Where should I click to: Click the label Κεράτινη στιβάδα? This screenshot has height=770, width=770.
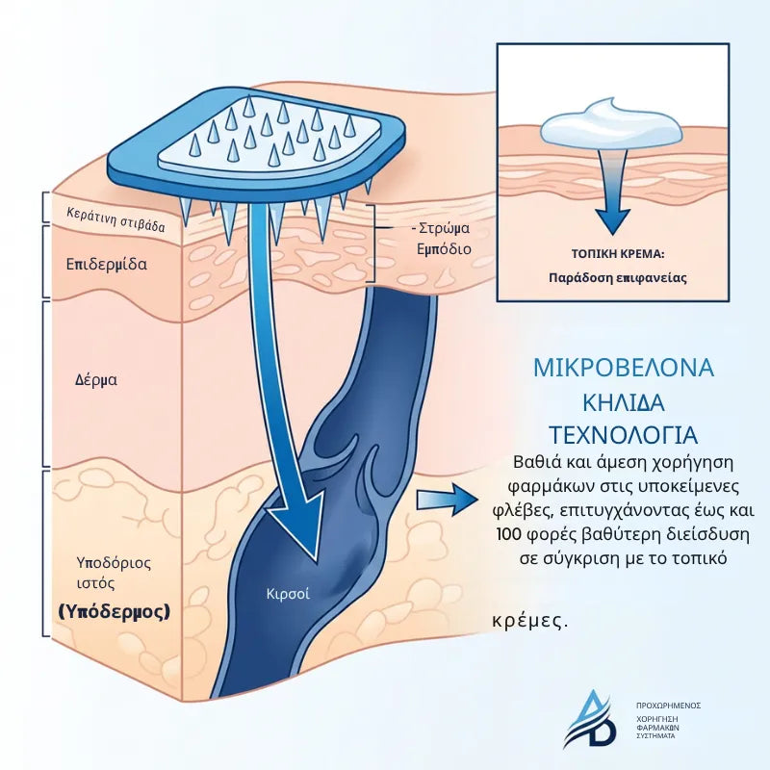pyautogui.click(x=115, y=219)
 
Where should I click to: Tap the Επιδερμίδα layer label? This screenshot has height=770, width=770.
pyautogui.click(x=107, y=264)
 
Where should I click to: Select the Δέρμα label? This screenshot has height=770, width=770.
pyautogui.click(x=96, y=379)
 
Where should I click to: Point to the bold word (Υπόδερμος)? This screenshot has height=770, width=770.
pyautogui.click(x=115, y=612)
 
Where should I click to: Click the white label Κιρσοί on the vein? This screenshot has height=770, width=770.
pyautogui.click(x=288, y=594)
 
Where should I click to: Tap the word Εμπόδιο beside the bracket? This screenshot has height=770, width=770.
pyautogui.click(x=444, y=249)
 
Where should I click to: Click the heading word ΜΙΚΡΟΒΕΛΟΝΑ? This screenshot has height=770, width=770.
pyautogui.click(x=624, y=368)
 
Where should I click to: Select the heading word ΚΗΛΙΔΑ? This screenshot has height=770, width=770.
pyautogui.click(x=624, y=402)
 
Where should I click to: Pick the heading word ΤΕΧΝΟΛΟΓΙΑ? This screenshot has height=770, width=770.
pyautogui.click(x=623, y=435)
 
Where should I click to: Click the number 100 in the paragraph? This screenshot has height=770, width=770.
pyautogui.click(x=509, y=534)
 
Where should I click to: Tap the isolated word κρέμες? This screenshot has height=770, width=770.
pyautogui.click(x=530, y=621)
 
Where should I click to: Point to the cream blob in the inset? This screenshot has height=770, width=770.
pyautogui.click(x=611, y=125)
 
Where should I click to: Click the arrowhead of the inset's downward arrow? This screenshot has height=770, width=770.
pyautogui.click(x=612, y=220)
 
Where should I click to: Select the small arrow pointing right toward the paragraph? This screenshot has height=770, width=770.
pyautogui.click(x=447, y=500)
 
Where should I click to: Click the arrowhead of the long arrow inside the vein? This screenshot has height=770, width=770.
pyautogui.click(x=299, y=526)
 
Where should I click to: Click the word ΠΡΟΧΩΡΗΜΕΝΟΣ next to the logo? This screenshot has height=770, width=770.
pyautogui.click(x=668, y=706)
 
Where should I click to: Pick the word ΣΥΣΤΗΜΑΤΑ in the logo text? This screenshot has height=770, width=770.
pyautogui.click(x=655, y=736)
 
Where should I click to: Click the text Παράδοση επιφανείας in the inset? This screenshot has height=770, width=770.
pyautogui.click(x=618, y=278)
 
